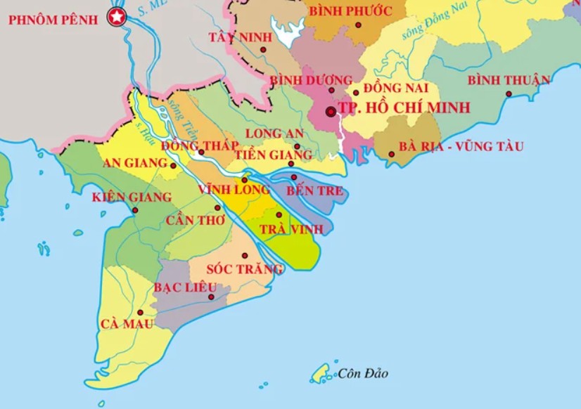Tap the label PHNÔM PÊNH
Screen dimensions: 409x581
[53, 20]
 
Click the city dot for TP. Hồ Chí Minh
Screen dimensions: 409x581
[331, 112]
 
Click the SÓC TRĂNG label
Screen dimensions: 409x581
[244, 268]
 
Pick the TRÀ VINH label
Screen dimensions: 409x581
[290, 229]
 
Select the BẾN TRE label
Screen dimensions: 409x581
[314, 190]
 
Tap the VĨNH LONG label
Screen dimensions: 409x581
[234, 190]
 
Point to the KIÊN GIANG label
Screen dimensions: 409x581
[132, 197]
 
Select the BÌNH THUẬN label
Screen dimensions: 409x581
[509, 79]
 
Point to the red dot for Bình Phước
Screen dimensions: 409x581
[359, 25]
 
